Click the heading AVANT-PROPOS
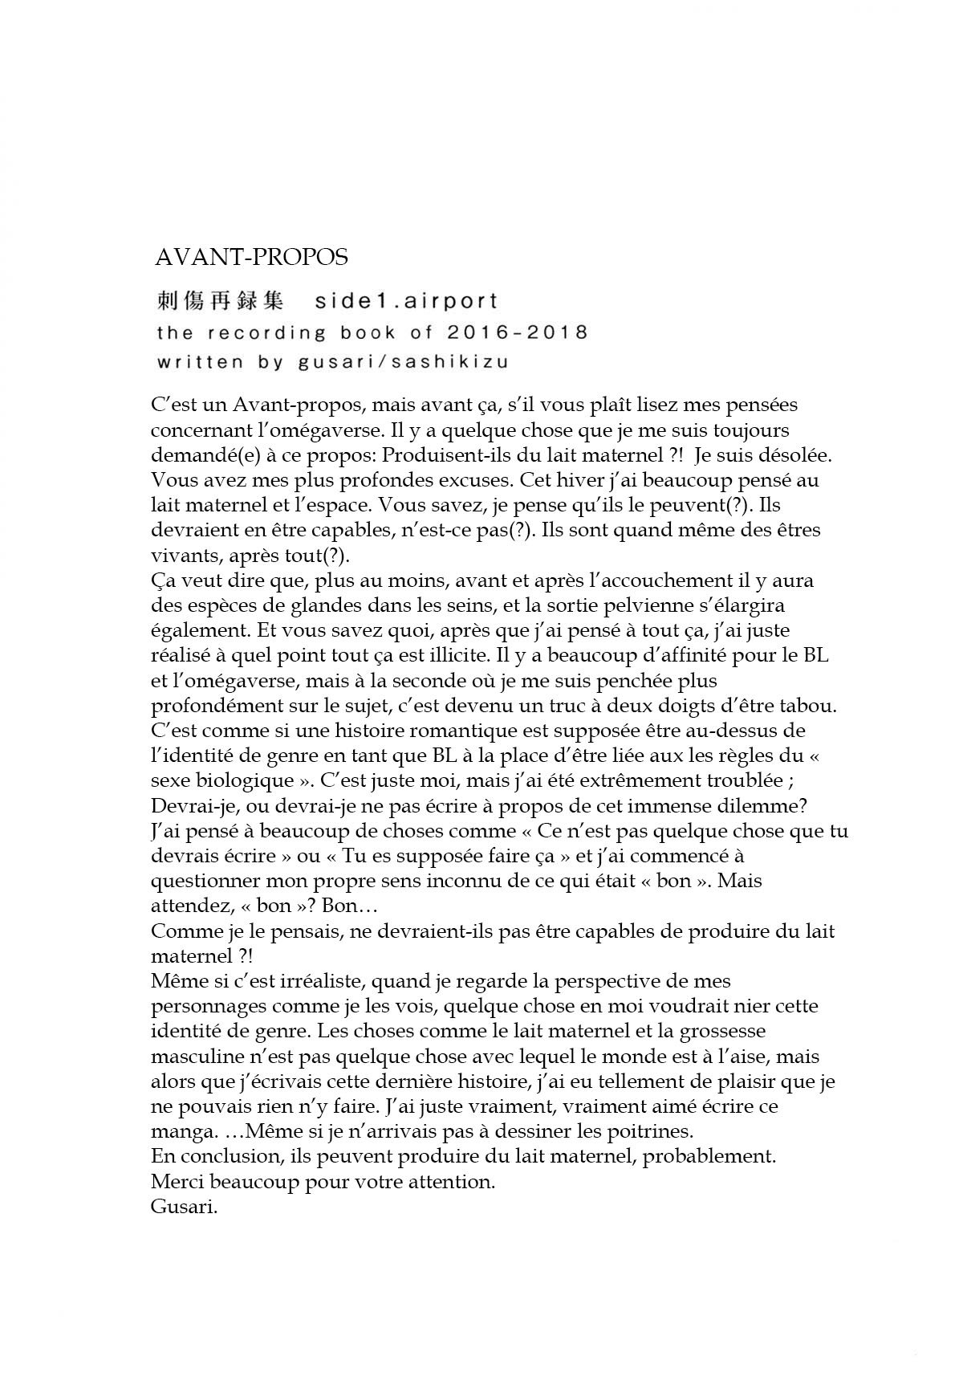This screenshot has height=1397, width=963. [x=251, y=257]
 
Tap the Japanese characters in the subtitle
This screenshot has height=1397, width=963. [x=218, y=301]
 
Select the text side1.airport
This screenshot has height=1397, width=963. [x=406, y=301]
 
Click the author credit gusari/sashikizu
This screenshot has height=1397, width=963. [x=403, y=361]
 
